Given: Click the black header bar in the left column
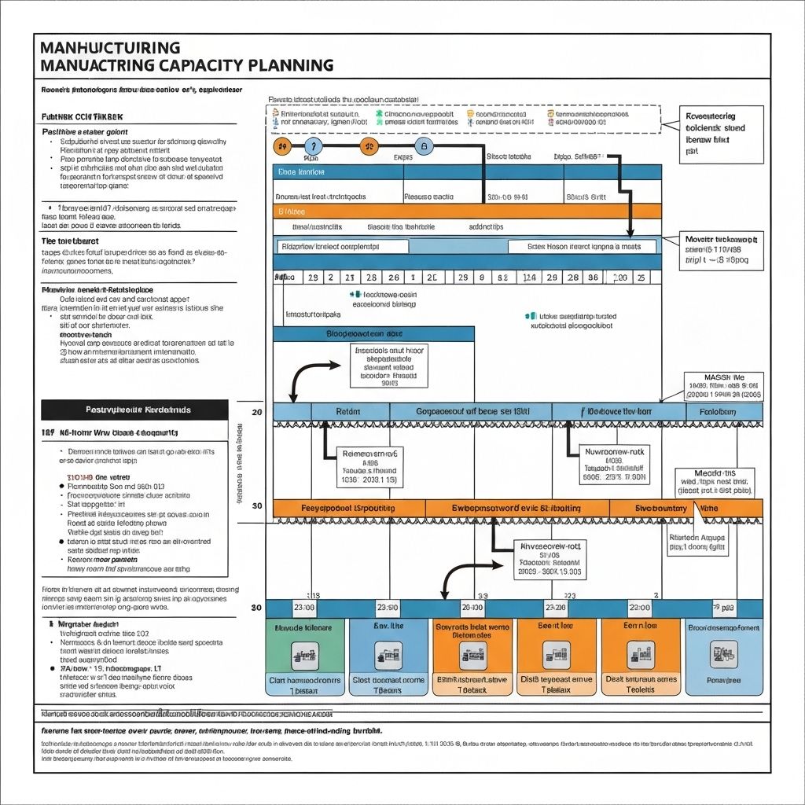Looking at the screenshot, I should (134, 410).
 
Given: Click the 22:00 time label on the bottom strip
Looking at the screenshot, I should (472, 608).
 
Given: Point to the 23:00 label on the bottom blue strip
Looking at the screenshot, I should (304, 608).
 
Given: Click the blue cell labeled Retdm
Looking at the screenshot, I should (347, 411).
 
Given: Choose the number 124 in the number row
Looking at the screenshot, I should (529, 278).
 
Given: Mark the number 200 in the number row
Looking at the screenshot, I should (619, 278).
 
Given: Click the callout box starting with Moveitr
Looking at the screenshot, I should (721, 251).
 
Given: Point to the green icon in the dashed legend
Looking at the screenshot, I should (378, 115).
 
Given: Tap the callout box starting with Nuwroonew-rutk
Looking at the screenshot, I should (616, 464).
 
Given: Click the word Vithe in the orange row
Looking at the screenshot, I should (709, 508).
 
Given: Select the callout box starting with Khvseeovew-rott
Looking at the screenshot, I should (550, 560).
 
